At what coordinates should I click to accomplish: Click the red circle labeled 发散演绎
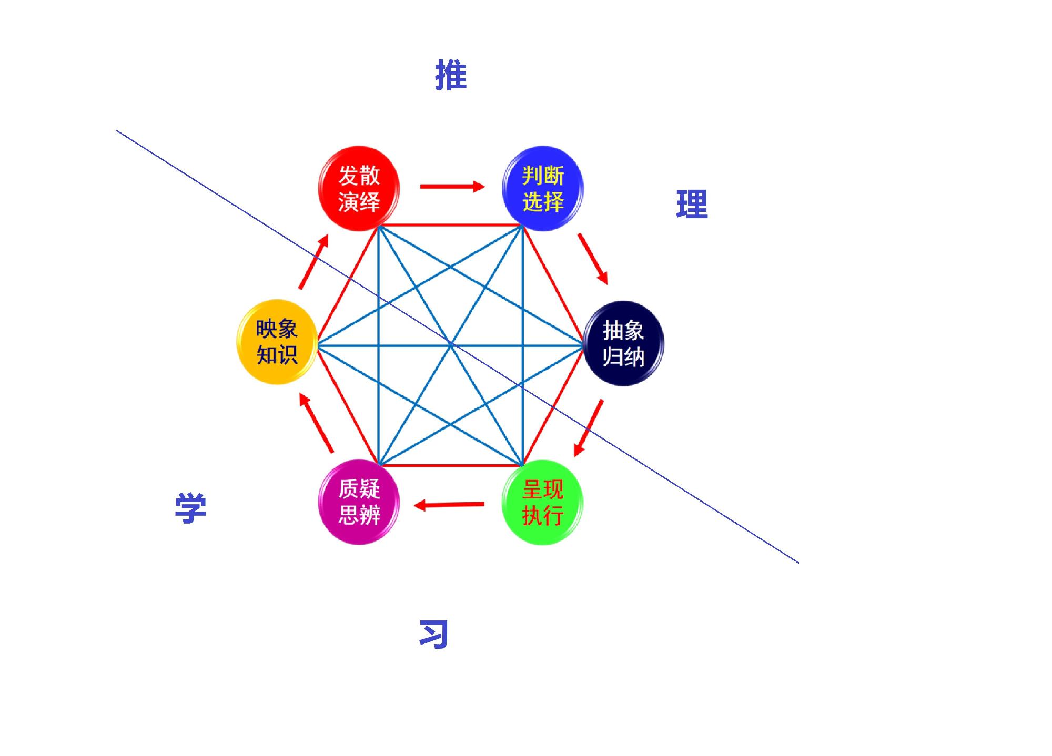click(x=359, y=188)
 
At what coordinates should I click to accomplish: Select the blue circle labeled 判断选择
click(x=543, y=188)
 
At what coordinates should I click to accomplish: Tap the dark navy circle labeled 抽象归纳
click(x=624, y=343)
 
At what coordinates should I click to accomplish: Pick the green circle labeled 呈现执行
click(x=543, y=502)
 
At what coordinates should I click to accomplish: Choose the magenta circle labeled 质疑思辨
click(x=359, y=502)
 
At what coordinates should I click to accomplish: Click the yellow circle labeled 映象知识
click(x=277, y=342)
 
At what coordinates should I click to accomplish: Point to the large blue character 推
click(x=451, y=75)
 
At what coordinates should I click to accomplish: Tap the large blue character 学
click(x=190, y=508)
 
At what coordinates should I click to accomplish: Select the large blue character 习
click(x=433, y=634)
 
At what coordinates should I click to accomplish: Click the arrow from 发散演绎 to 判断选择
click(x=452, y=186)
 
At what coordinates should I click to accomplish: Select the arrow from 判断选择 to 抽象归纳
click(x=593, y=259)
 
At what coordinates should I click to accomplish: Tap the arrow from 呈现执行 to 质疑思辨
click(x=449, y=505)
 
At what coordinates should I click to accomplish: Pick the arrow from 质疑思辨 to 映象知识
click(x=316, y=422)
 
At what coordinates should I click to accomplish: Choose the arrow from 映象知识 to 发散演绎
click(x=314, y=261)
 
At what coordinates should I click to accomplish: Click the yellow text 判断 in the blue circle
click(x=543, y=176)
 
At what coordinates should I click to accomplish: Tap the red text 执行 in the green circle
click(x=543, y=515)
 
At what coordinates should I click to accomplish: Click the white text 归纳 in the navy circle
click(x=624, y=356)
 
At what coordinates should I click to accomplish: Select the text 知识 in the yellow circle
click(x=277, y=355)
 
